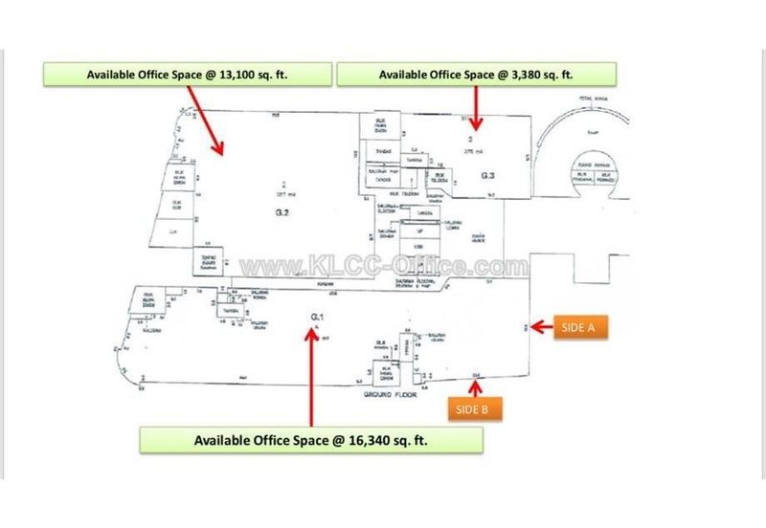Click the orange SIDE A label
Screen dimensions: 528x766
[579, 327]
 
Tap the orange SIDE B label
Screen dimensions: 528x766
[471, 409]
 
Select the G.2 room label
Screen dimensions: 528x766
[282, 209]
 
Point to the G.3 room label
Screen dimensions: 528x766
[487, 175]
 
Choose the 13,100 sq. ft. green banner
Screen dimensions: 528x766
[188, 75]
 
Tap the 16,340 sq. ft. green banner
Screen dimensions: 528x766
[311, 440]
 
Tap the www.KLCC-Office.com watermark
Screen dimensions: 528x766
[383, 266]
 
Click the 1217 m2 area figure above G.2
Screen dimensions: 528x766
[282, 192]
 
